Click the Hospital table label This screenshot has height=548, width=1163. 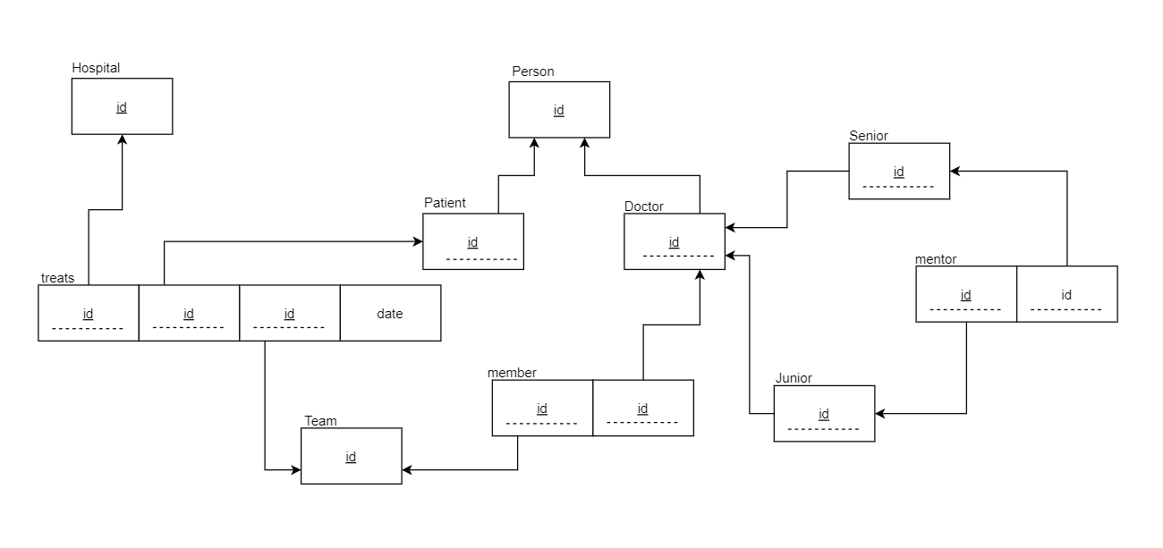click(x=96, y=68)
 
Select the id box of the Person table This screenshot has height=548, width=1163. click(x=559, y=110)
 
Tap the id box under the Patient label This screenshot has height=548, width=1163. click(x=473, y=241)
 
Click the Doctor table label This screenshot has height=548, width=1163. click(x=644, y=207)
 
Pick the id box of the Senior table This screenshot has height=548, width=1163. click(x=899, y=172)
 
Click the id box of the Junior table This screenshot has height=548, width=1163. click(x=824, y=414)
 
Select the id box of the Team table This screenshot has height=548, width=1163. click(x=351, y=456)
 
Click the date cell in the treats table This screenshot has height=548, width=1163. click(x=390, y=313)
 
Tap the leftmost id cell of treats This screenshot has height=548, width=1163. click(x=89, y=313)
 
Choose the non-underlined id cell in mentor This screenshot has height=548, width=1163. click(x=1066, y=294)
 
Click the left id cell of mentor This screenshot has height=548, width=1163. click(x=966, y=294)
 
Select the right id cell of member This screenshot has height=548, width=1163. click(x=642, y=409)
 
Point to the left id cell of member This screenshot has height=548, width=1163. click(x=542, y=409)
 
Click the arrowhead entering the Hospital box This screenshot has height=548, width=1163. click(x=122, y=140)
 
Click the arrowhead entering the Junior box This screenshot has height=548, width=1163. click(x=881, y=414)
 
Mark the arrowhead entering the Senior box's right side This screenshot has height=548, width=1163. click(x=955, y=171)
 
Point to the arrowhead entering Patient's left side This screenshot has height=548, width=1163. click(x=417, y=241)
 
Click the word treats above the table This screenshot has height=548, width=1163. click(x=58, y=278)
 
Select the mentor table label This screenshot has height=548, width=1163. click(x=936, y=259)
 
